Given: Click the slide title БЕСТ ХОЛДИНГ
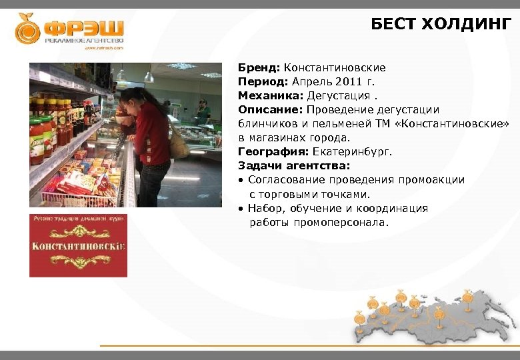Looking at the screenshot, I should click(x=441, y=25).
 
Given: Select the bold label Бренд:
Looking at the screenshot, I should click(x=259, y=68).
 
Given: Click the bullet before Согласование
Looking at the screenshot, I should click(x=241, y=180).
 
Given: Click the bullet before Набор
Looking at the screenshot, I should click(x=241, y=209).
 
